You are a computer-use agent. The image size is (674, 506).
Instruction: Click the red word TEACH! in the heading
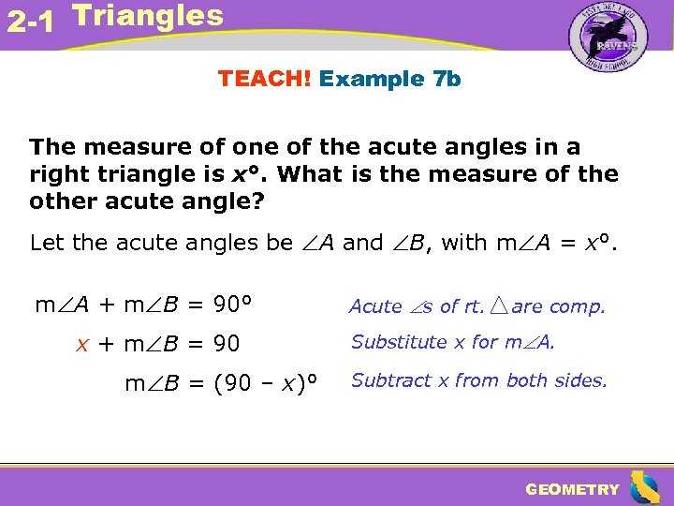click(265, 79)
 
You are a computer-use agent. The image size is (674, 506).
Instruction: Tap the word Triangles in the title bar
click(147, 16)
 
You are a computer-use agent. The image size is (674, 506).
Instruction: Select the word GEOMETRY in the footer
click(572, 489)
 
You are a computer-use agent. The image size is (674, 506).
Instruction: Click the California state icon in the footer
click(643, 487)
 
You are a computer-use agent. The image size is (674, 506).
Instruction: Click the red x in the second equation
click(82, 344)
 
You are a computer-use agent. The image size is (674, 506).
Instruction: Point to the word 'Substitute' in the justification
click(399, 343)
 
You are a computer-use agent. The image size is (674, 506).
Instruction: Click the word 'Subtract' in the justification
click(391, 380)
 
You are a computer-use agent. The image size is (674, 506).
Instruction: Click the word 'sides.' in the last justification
click(582, 380)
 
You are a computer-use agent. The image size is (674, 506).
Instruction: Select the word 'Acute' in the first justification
click(375, 306)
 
